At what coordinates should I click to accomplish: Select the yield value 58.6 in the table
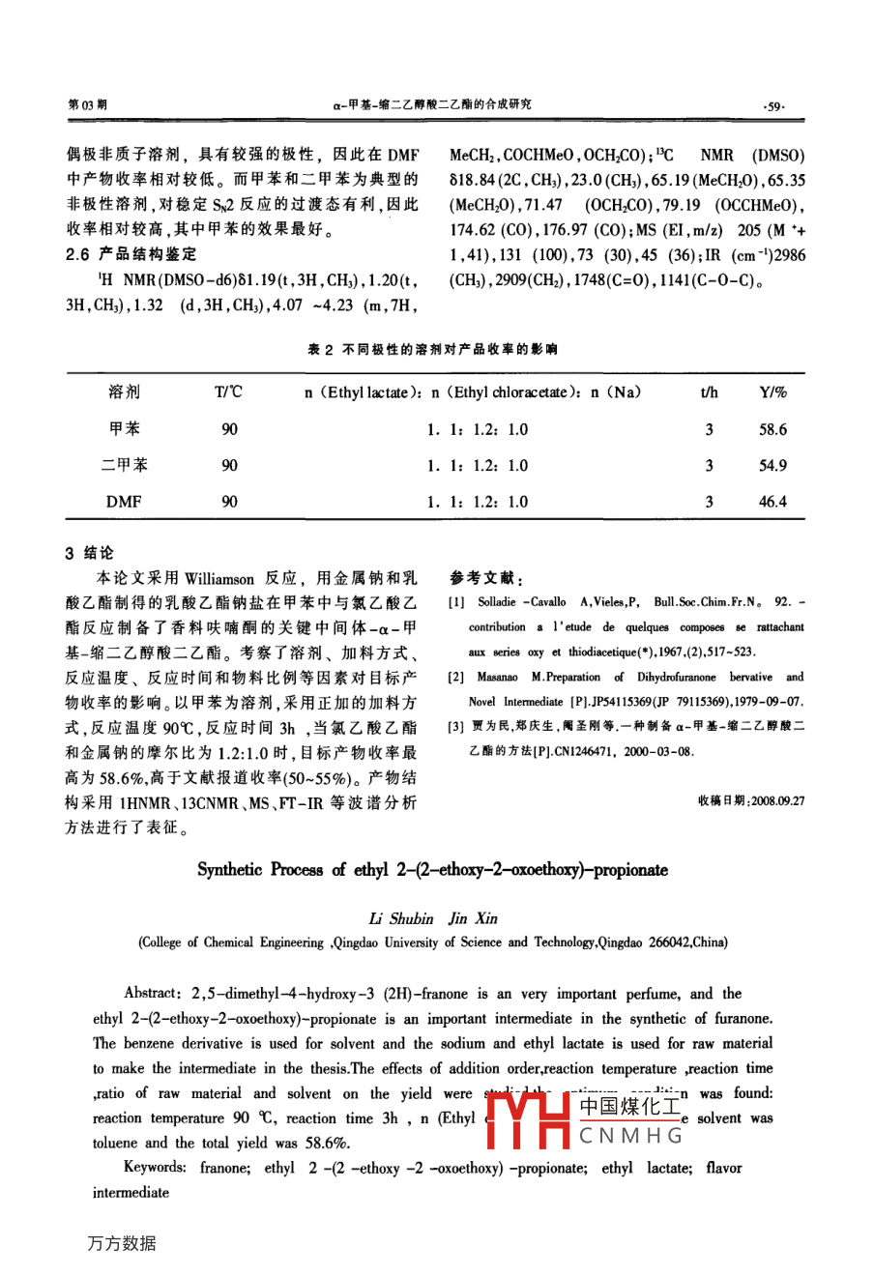click(x=772, y=429)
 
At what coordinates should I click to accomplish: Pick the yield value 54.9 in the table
click(x=772, y=465)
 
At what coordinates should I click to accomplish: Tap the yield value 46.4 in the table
click(x=772, y=501)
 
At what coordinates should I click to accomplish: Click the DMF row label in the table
click(x=124, y=501)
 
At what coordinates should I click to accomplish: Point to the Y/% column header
click(x=772, y=392)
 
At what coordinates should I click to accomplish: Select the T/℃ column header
click(x=229, y=392)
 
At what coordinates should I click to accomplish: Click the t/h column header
click(x=709, y=392)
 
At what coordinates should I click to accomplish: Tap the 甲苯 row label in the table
click(x=124, y=429)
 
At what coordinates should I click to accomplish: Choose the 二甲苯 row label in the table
click(x=124, y=465)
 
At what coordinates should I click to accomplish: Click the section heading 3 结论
click(x=89, y=554)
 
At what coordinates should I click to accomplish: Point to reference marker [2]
click(x=456, y=678)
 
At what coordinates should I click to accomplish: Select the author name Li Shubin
click(x=401, y=918)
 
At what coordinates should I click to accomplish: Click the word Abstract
click(x=151, y=994)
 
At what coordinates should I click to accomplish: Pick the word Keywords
click(x=155, y=1168)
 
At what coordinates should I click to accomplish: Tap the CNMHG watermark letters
click(x=630, y=1135)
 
